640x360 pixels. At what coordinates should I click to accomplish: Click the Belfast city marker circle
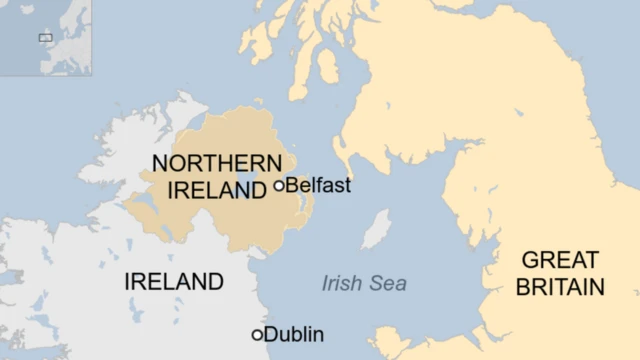click(x=279, y=185)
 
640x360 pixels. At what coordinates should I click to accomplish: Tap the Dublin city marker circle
click(x=257, y=335)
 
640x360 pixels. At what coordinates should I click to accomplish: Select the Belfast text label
click(x=318, y=185)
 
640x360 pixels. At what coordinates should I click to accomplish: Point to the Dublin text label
click(x=294, y=335)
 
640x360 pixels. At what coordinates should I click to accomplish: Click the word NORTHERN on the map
click(x=216, y=163)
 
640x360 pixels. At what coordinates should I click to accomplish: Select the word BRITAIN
click(x=562, y=288)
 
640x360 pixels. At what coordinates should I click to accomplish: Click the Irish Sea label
click(x=364, y=284)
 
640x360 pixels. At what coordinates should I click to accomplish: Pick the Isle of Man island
click(x=376, y=230)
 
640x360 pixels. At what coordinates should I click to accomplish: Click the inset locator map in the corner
click(x=45, y=37)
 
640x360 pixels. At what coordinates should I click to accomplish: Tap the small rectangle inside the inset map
click(x=45, y=38)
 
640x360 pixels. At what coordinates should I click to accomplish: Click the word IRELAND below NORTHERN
click(x=210, y=189)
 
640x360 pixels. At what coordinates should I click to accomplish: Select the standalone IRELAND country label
click(x=174, y=282)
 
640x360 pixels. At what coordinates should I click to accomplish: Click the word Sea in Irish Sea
click(x=388, y=284)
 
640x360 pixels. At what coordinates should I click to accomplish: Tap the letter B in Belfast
click(x=292, y=185)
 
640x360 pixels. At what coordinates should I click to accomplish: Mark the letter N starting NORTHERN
click(x=159, y=163)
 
